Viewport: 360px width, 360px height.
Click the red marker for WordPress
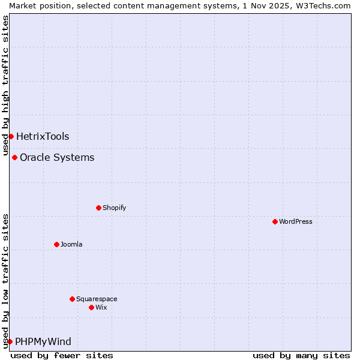click(x=275, y=221)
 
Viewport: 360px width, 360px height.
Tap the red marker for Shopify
click(x=98, y=208)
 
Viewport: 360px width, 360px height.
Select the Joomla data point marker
click(x=56, y=244)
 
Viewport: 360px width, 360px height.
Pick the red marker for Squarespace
click(x=72, y=299)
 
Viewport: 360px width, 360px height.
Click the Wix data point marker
click(x=91, y=307)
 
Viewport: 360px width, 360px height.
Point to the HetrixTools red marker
click(x=11, y=136)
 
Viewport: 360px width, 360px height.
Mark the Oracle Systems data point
click(x=14, y=157)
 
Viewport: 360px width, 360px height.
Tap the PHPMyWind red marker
click(x=10, y=341)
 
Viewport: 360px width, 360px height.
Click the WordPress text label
click(x=296, y=221)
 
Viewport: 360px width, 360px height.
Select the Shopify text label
click(x=114, y=208)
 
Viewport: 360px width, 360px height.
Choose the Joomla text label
click(x=71, y=244)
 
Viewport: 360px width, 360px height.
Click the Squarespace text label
click(x=97, y=299)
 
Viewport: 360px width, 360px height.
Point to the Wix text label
click(x=101, y=307)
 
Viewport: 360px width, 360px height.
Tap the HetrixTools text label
click(x=43, y=136)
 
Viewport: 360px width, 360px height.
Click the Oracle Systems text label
click(x=57, y=157)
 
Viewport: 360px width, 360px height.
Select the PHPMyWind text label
click(x=43, y=341)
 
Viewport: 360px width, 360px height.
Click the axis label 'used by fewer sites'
click(x=62, y=355)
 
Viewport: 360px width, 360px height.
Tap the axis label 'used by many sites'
click(x=301, y=355)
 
